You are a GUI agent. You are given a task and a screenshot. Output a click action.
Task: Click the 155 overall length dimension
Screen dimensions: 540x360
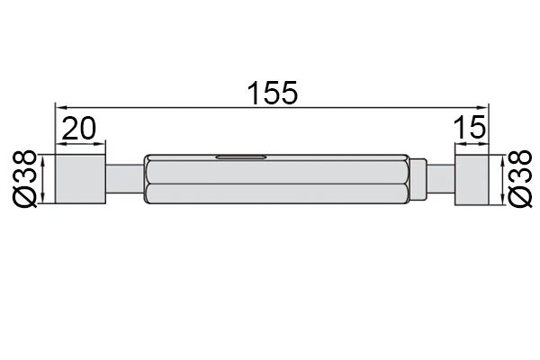click(272, 93)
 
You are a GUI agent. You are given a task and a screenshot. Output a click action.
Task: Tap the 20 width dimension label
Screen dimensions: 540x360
click(79, 129)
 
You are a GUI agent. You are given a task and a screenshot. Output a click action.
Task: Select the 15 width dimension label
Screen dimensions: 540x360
click(470, 127)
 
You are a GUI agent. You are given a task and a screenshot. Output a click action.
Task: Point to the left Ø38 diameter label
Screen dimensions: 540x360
click(25, 179)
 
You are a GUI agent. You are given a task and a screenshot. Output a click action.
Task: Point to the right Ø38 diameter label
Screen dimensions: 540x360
click(520, 179)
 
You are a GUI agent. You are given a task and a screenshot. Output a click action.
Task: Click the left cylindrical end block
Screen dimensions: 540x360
click(80, 179)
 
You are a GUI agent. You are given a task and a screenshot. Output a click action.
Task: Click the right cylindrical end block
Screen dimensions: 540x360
click(472, 180)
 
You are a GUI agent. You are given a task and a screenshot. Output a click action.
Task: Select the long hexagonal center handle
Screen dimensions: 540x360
click(276, 179)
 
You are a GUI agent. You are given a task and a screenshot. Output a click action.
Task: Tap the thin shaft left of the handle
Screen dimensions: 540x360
click(124, 179)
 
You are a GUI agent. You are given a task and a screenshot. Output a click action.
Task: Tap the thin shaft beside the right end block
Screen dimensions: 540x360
click(441, 179)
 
